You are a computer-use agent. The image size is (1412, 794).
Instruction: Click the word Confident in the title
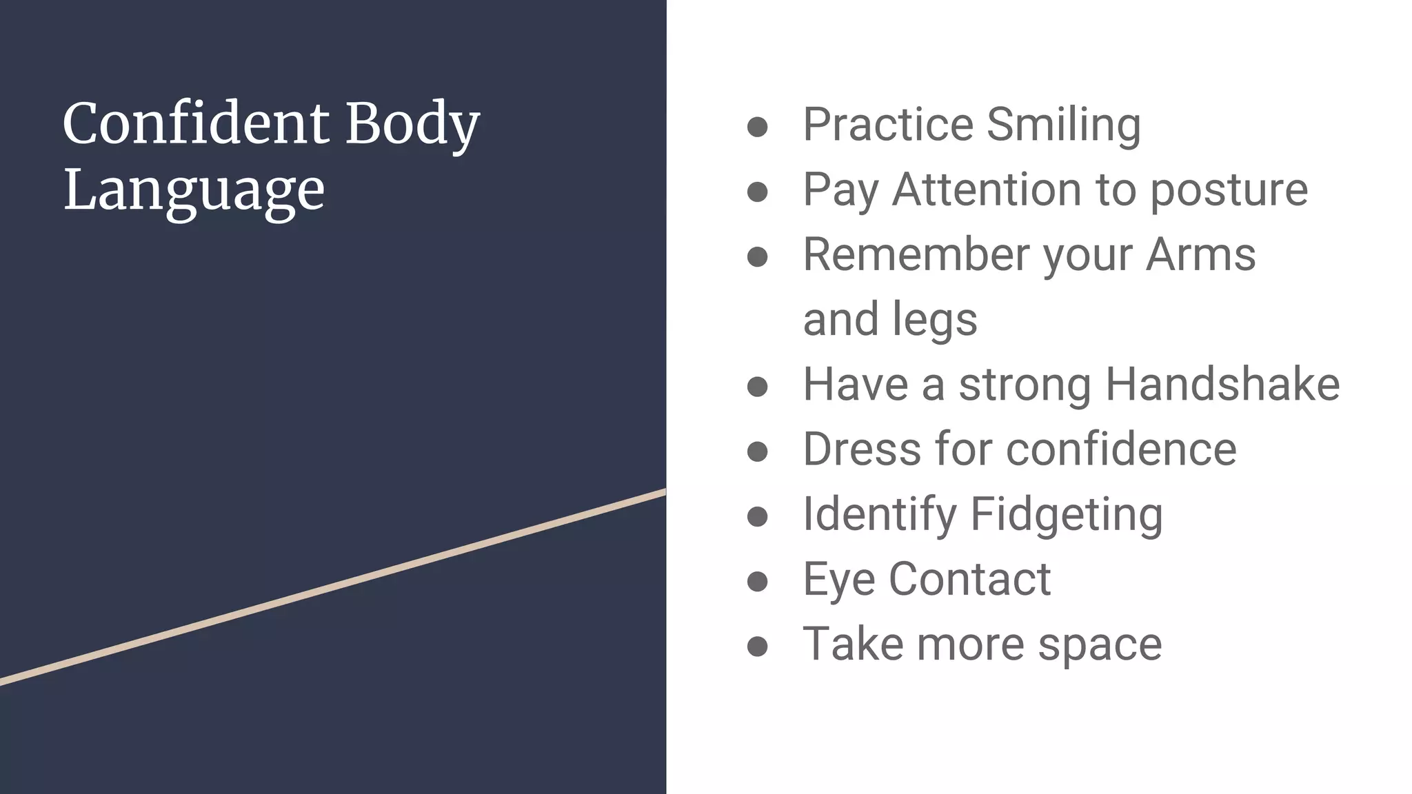click(x=196, y=124)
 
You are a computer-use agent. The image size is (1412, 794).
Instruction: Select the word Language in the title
click(x=194, y=190)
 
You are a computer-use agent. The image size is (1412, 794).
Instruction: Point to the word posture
click(x=1229, y=190)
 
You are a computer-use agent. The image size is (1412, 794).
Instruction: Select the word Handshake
click(x=1222, y=384)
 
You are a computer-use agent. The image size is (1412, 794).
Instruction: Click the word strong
click(x=1025, y=385)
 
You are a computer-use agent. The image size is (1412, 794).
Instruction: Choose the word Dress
click(x=862, y=449)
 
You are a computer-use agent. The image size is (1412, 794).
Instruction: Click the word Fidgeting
click(x=1067, y=515)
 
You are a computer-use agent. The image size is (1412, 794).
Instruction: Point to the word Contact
click(x=969, y=579)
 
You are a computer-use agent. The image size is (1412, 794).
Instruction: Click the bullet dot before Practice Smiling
click(x=757, y=127)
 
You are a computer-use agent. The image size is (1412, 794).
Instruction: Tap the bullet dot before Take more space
click(x=757, y=646)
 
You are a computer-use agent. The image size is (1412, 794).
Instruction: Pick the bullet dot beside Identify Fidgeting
click(x=757, y=516)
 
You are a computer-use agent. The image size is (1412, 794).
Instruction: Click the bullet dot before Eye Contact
click(x=757, y=581)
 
